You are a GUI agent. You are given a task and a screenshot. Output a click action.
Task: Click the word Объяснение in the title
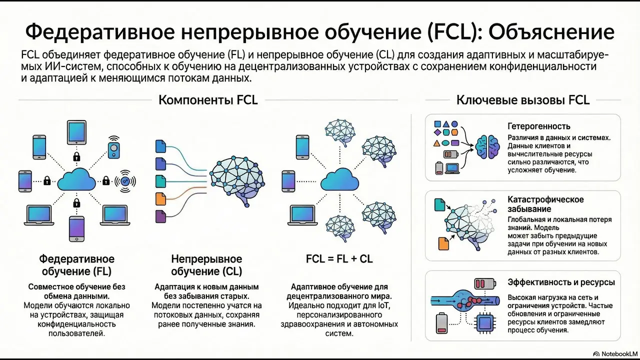click(551, 32)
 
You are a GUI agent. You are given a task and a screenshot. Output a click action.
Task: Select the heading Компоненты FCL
click(208, 100)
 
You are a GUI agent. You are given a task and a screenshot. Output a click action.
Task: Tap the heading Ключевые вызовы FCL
click(523, 100)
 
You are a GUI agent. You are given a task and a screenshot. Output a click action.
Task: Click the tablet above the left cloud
click(76, 132)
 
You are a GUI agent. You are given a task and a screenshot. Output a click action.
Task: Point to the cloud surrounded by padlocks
click(76, 179)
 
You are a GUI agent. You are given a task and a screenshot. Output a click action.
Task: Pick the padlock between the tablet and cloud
click(76, 156)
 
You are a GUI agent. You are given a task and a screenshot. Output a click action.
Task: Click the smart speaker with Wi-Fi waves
click(113, 147)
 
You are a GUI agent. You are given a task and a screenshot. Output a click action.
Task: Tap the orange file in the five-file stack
click(160, 199)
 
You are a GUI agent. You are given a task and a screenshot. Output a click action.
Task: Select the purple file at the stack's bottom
click(160, 216)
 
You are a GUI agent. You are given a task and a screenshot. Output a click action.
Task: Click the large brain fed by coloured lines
click(237, 180)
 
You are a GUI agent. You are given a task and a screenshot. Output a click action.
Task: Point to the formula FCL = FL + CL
click(339, 259)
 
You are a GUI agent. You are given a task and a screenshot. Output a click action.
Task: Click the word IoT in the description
click(383, 305)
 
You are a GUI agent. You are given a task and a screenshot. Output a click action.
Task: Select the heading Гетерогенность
click(539, 126)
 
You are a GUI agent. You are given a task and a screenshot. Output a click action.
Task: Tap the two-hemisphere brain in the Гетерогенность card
click(487, 147)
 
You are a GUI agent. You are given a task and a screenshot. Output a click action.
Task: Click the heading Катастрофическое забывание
click(545, 204)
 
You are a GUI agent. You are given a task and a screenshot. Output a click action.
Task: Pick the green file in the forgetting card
click(439, 205)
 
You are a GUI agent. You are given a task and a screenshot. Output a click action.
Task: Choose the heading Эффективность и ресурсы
click(561, 282)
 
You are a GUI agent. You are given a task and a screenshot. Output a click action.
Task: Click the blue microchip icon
click(484, 323)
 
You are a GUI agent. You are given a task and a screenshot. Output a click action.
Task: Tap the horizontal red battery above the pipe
click(485, 283)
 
